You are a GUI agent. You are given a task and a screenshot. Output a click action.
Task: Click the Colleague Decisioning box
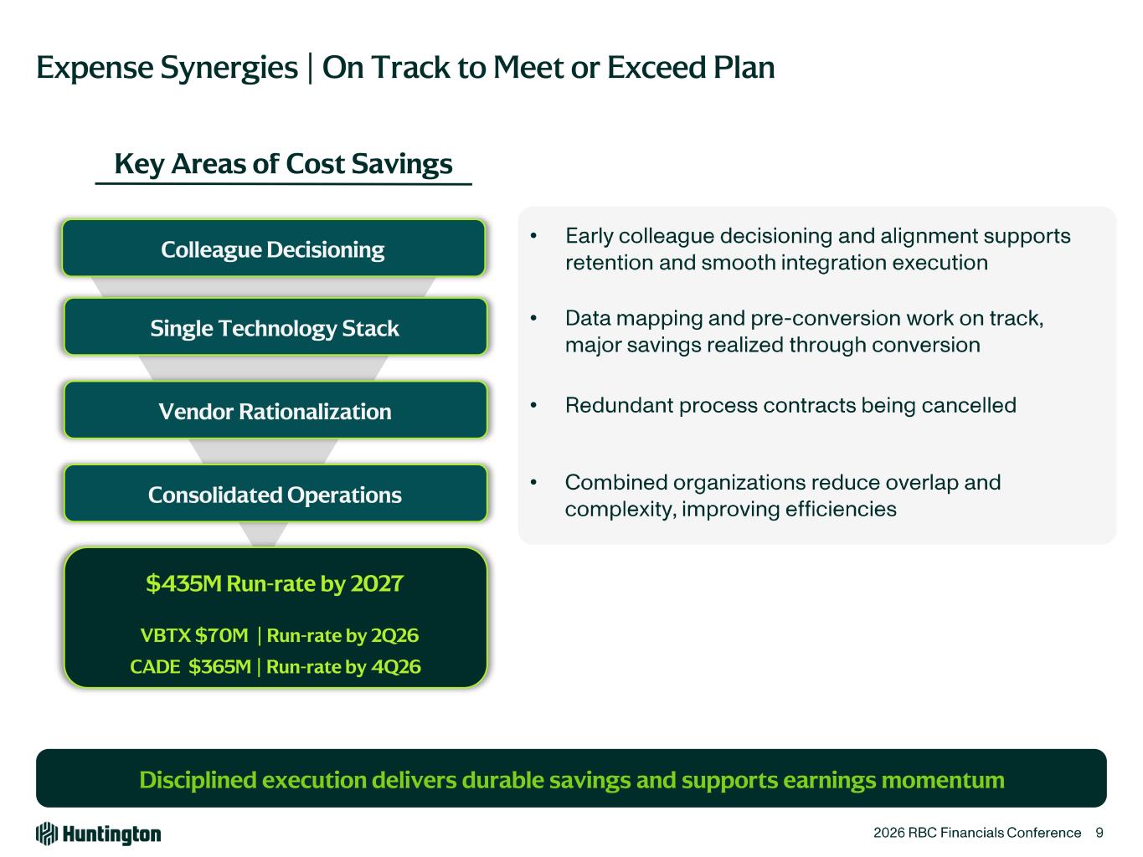273,249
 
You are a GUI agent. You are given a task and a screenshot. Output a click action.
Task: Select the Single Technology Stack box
275,326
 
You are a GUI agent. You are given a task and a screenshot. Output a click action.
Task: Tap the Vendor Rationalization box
275,410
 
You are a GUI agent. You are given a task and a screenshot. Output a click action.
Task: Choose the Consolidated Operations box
275,493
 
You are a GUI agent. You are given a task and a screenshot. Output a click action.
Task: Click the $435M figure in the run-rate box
184,583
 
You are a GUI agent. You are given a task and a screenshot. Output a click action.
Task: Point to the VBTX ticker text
166,635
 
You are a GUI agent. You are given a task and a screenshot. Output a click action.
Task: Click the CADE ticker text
155,666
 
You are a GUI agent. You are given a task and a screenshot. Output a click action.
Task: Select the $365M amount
219,666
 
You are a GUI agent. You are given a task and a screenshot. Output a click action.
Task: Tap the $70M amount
222,635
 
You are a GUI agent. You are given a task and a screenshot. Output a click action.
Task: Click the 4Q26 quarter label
396,666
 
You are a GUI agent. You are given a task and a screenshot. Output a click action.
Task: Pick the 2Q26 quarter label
394,635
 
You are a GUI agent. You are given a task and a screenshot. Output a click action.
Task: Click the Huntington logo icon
46,834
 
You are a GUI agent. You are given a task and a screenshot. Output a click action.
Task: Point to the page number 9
1099,833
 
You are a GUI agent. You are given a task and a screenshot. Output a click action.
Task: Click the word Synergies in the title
229,68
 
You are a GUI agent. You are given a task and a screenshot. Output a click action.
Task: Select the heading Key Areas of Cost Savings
283,164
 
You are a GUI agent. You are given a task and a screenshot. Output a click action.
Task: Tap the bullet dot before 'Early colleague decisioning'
533,236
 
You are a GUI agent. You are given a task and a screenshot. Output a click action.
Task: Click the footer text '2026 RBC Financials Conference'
977,833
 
